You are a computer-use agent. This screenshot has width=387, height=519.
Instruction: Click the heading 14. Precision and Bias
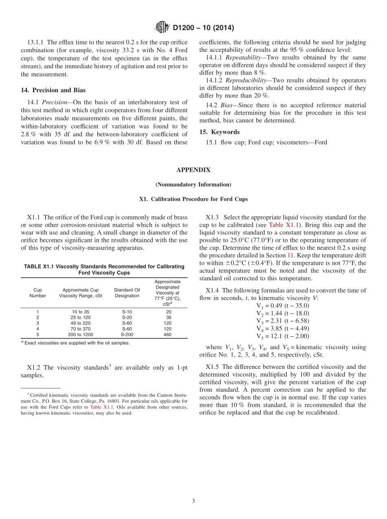[53, 90]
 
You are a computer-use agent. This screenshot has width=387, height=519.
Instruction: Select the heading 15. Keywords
[219, 132]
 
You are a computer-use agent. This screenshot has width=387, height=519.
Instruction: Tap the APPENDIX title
[193, 170]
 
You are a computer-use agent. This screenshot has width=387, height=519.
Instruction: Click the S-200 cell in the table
[127, 335]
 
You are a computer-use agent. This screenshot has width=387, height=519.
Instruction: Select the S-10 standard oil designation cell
[127, 312]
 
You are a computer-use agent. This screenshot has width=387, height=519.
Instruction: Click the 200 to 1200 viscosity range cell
[80, 335]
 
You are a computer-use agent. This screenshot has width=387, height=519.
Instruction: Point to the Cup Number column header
[37, 293]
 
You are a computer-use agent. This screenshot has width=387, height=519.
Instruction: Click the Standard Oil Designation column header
[127, 293]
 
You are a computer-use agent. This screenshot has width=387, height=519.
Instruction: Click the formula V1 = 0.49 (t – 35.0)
[282, 305]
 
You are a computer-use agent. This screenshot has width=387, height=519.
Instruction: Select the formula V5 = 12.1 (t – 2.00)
[282, 336]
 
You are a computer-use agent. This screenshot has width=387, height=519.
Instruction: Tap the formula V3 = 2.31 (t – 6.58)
[282, 321]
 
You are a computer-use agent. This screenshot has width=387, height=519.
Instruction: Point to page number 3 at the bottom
[193, 501]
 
